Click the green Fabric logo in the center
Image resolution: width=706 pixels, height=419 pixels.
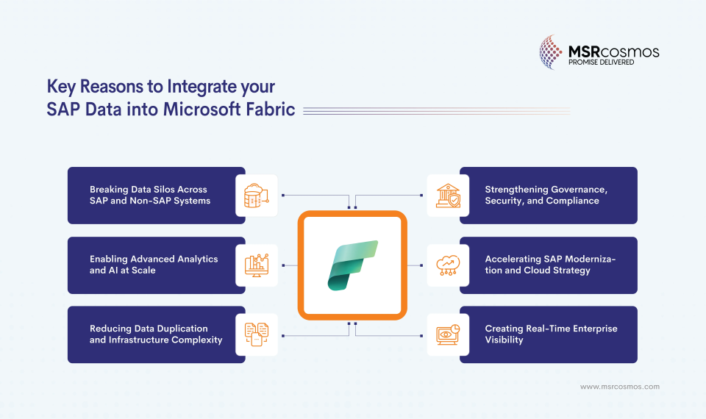pos(353,265)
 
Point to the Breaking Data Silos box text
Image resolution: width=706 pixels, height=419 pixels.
pos(150,195)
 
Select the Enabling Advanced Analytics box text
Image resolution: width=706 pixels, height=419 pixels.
pos(154,265)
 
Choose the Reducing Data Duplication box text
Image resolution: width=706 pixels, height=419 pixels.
pos(155,334)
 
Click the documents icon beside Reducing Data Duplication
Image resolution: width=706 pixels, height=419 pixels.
pos(257,334)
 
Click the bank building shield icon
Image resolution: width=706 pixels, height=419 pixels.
pos(448,196)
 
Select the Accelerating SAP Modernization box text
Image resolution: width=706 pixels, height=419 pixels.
pos(550,265)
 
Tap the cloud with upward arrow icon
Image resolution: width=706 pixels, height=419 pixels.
pos(448,265)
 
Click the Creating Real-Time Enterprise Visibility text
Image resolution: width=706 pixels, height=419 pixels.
pos(551,334)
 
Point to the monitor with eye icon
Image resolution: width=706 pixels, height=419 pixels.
pos(448,334)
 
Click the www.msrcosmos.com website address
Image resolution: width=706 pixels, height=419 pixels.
pos(619,387)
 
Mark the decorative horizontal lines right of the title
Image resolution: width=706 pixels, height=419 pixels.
pos(436,110)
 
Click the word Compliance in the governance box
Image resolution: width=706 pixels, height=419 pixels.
pos(572,201)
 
